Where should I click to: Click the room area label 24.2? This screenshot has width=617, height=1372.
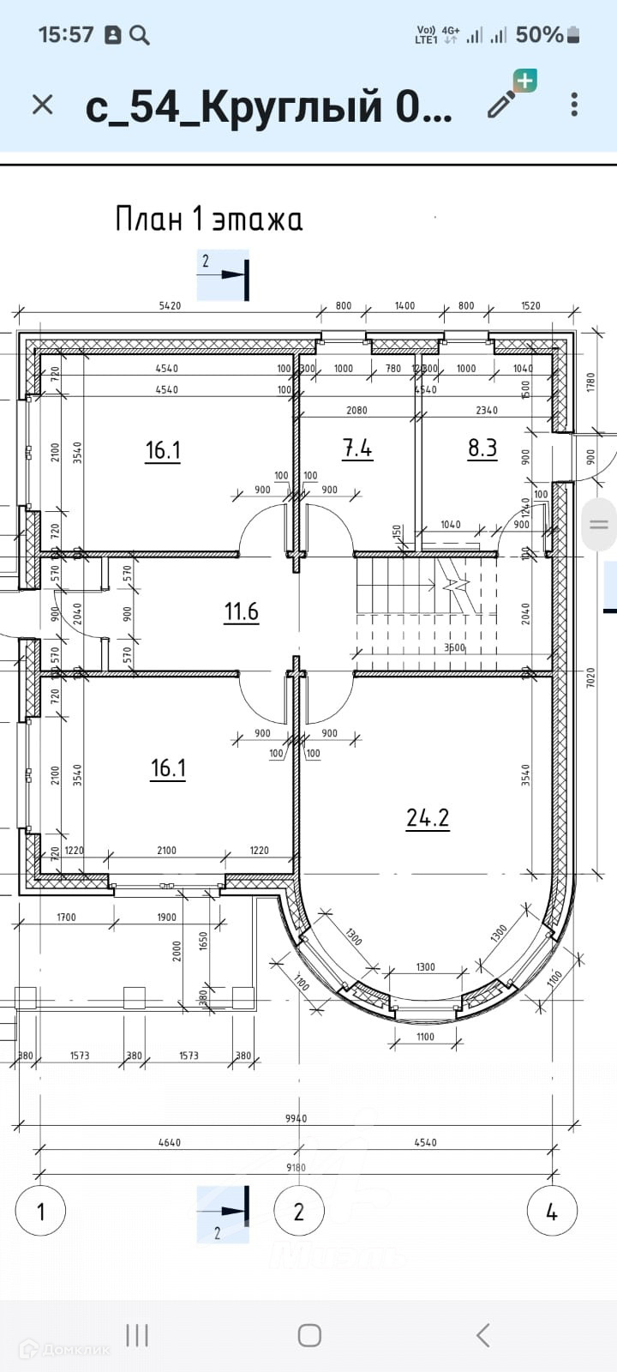pyautogui.click(x=428, y=818)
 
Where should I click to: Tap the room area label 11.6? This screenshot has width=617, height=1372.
pyautogui.click(x=241, y=611)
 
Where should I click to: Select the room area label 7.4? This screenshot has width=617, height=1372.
pyautogui.click(x=357, y=448)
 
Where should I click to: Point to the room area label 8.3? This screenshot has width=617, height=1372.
pyautogui.click(x=482, y=448)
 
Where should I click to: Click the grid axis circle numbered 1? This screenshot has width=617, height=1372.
pyautogui.click(x=40, y=1212)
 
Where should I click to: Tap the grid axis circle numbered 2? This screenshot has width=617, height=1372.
pyautogui.click(x=298, y=1212)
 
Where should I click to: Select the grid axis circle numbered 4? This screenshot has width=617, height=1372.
pyautogui.click(x=551, y=1212)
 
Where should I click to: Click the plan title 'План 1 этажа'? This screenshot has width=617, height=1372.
pyautogui.click(x=209, y=220)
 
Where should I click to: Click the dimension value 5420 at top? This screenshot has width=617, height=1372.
pyautogui.click(x=170, y=305)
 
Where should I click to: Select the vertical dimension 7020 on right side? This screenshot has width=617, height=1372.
pyautogui.click(x=590, y=677)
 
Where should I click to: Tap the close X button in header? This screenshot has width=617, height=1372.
pyautogui.click(x=42, y=105)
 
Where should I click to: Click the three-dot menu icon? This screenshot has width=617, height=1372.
pyautogui.click(x=574, y=105)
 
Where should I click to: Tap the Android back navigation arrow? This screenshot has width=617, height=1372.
pyautogui.click(x=483, y=1335)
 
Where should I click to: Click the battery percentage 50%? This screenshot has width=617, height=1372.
pyautogui.click(x=539, y=34)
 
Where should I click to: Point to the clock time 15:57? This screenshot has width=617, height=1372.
pyautogui.click(x=66, y=34)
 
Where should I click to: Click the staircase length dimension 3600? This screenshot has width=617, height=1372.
pyautogui.click(x=454, y=647)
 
